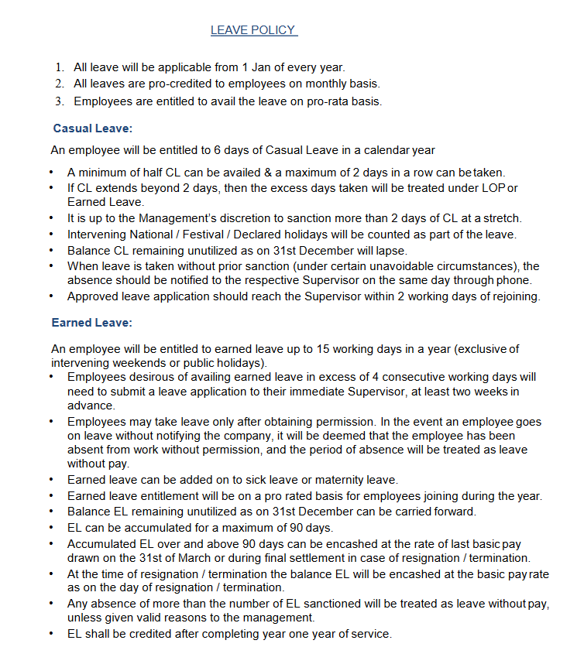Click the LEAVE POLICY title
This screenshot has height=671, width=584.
[x=253, y=30]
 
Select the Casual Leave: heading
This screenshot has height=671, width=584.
[x=92, y=128]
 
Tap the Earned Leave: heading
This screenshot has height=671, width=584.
[x=91, y=322]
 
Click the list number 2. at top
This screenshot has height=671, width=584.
[x=60, y=84]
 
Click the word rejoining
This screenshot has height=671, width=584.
[x=515, y=296]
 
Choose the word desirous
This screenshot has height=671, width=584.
[x=150, y=377]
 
